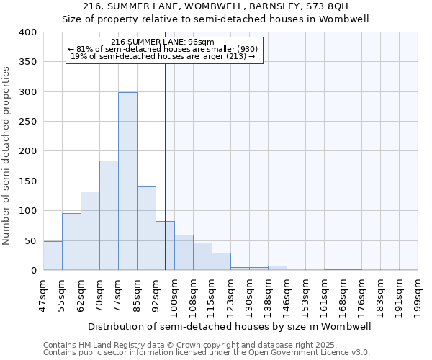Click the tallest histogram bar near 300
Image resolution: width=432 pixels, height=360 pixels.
pos(127,181)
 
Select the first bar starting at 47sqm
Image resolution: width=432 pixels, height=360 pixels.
pos(53,256)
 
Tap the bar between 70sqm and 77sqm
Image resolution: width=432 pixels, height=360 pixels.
pos(109,215)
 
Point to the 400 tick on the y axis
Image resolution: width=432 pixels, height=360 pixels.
pos(28,32)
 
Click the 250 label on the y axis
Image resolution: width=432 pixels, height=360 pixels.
pos(28,122)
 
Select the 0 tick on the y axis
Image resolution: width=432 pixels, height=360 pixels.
pos(33,271)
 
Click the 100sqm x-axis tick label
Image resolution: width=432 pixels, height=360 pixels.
pos(175,295)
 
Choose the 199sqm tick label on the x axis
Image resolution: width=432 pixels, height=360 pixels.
pos(418,295)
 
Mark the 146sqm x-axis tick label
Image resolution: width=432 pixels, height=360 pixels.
pos(287,295)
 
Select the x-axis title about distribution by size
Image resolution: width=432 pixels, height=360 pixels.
pos(230,326)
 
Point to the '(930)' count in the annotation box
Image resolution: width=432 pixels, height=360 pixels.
pos(247,49)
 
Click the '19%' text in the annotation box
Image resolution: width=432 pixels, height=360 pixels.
pos(78,56)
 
